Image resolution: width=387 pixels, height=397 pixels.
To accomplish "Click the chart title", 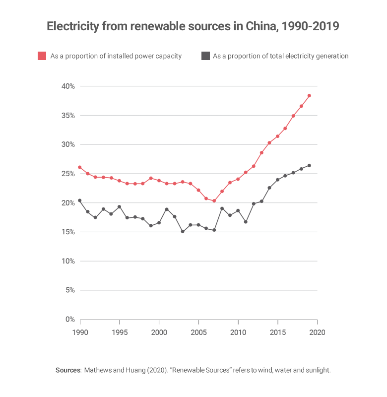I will coord(193,26).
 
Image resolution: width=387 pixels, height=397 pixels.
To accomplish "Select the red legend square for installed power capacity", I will coord(42,56).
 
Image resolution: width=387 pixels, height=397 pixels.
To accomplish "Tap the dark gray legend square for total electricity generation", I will coord(205,56).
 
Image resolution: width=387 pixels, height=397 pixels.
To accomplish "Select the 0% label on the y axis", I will coord(69,320).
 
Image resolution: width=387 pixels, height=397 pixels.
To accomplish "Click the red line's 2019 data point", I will coord(309,95).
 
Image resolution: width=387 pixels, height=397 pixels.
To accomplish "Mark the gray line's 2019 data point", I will coord(309,166).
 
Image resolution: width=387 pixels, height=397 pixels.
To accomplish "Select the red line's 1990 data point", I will coord(80,167).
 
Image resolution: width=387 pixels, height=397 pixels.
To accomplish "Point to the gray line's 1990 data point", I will coord(80,200).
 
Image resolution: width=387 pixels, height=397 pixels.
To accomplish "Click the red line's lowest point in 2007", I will coord(214,201).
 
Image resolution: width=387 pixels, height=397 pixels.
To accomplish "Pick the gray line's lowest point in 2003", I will coord(183,232).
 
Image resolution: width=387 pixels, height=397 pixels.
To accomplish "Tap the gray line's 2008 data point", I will coord(222,208).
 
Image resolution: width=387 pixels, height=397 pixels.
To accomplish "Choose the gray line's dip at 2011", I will coord(246,222).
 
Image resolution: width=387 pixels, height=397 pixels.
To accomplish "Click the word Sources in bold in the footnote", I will coord(68,370).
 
